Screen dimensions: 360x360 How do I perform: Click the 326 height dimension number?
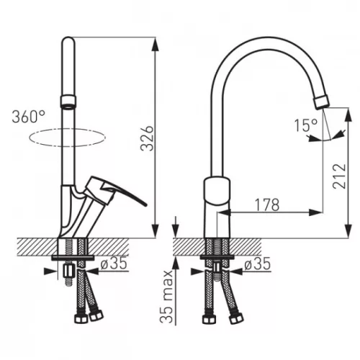pyautogui.click(x=147, y=138)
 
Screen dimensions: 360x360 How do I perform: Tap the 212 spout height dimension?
pyautogui.click(x=339, y=176)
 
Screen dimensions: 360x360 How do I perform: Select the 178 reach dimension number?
pyautogui.click(x=267, y=205)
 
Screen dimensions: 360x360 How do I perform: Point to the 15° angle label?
pyautogui.click(x=306, y=125)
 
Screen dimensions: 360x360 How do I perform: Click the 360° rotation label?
pyautogui.click(x=29, y=117)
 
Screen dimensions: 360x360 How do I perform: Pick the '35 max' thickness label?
pyautogui.click(x=166, y=297)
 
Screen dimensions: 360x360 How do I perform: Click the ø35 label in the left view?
pyautogui.click(x=114, y=264)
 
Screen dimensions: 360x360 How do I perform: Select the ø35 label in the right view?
pyautogui.click(x=257, y=264)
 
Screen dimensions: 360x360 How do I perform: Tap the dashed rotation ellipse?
pyautogui.click(x=67, y=145)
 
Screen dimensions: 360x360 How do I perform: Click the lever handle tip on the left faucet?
pyautogui.click(x=145, y=204)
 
